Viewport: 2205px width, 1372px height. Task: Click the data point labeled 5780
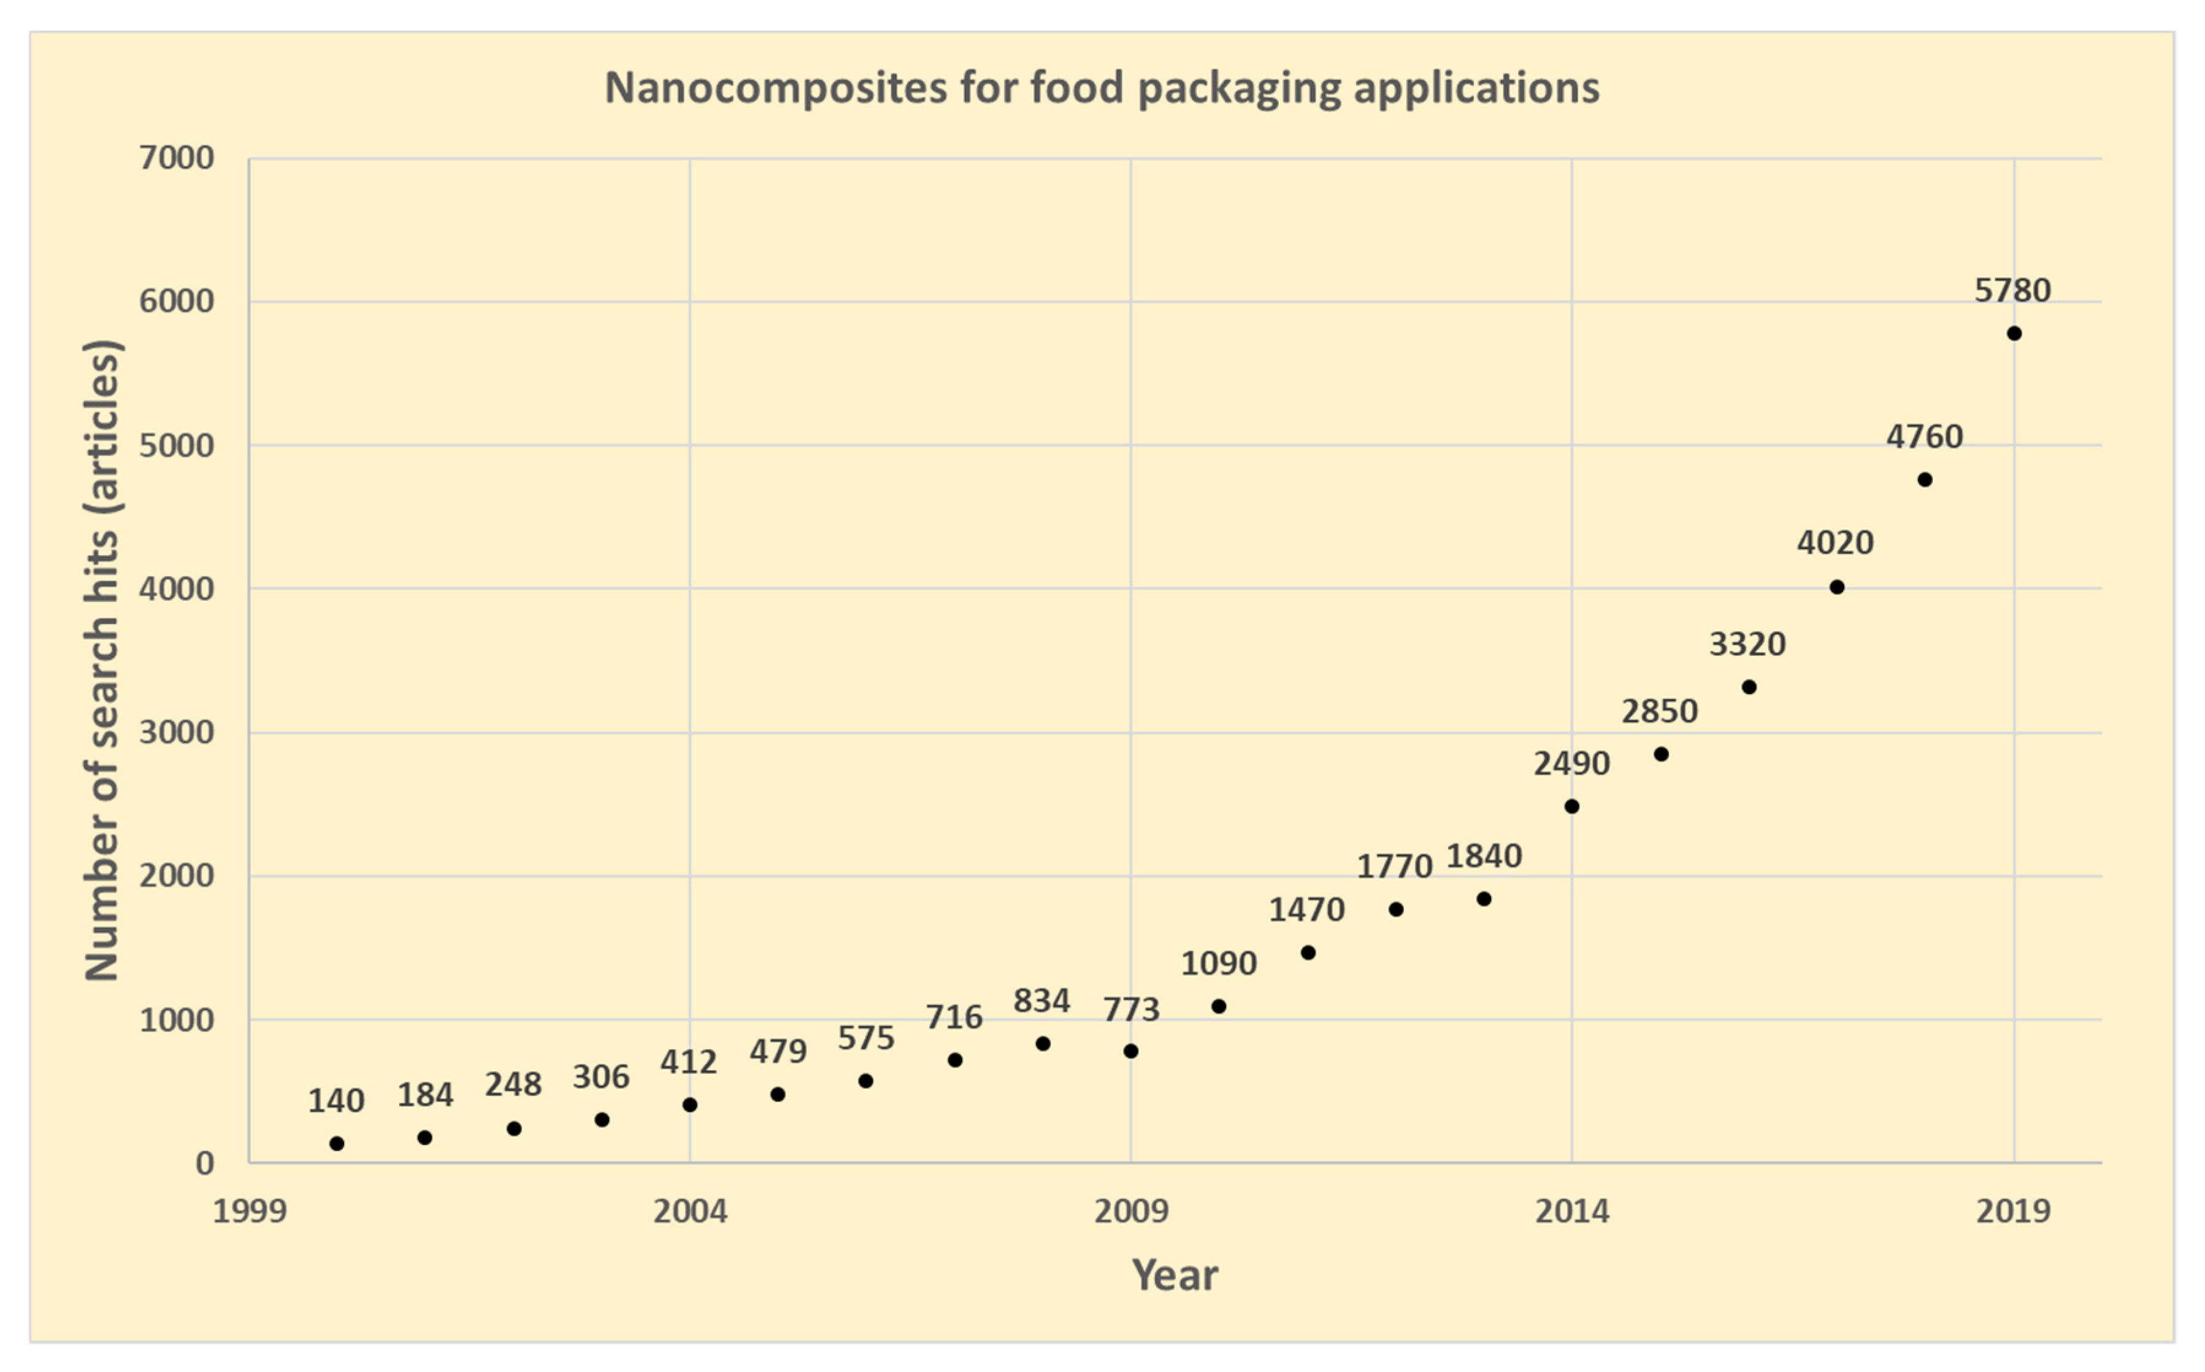coord(2014,334)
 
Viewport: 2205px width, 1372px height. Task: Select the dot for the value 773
coord(1130,1050)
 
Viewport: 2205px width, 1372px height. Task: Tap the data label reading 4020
coord(1835,542)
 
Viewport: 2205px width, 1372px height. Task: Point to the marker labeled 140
coord(337,1143)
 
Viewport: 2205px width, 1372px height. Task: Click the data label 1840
coord(1483,856)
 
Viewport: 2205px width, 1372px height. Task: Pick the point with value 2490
coord(1572,806)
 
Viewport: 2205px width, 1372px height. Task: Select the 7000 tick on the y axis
coord(176,158)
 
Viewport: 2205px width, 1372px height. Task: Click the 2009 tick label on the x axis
coord(1130,1211)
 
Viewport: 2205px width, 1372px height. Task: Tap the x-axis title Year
coord(1175,1275)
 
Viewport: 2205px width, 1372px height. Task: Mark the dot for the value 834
coord(1042,1044)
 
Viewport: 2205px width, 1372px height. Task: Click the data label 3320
coord(1747,644)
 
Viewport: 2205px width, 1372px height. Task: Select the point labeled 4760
coord(1925,479)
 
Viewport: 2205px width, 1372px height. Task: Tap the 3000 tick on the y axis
coord(176,732)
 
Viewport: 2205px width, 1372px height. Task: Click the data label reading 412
coord(688,1062)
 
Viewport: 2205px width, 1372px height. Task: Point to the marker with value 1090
coord(1218,1006)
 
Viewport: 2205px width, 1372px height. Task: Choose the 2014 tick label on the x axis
coord(1572,1211)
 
